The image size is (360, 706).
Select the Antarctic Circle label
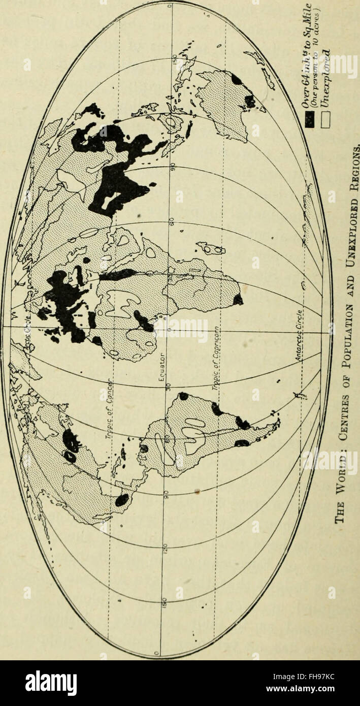click(299, 336)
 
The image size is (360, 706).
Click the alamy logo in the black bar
click(51, 683)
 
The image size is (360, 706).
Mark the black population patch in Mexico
click(122, 500)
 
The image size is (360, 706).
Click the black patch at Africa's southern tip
click(237, 300)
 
